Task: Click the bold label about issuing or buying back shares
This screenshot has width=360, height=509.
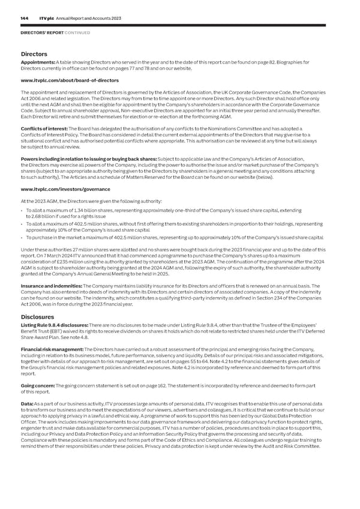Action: (x=75, y=159)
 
